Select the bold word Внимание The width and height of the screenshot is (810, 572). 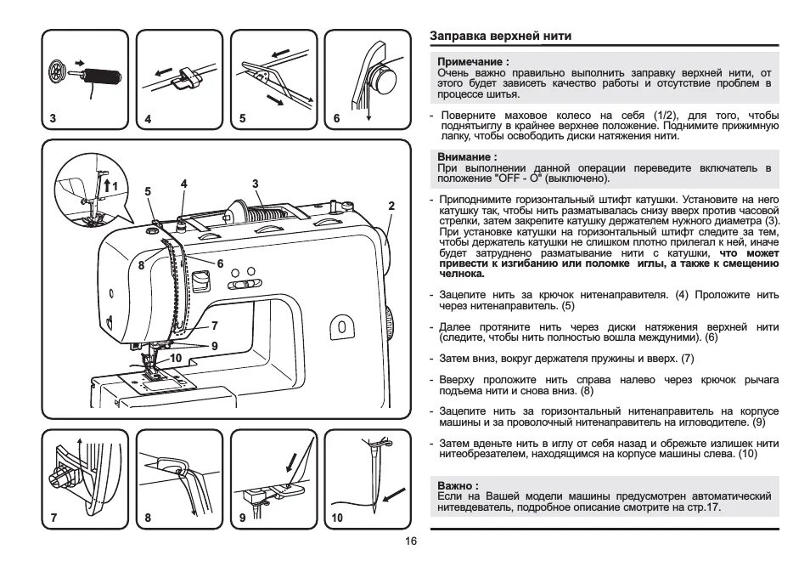(x=466, y=157)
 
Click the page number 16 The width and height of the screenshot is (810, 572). (x=411, y=541)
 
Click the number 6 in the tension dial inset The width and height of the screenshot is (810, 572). (x=336, y=118)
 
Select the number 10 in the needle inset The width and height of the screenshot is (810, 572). (x=337, y=518)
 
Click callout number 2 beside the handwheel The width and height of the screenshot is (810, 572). (x=391, y=206)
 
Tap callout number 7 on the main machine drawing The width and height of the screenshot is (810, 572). (x=215, y=326)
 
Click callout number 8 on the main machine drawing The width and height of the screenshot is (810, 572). (x=142, y=265)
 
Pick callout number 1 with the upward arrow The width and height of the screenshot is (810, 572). (x=116, y=186)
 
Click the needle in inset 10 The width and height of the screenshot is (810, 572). (x=371, y=480)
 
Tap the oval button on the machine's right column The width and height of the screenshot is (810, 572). (x=341, y=326)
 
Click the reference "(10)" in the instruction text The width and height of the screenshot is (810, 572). (x=747, y=455)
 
